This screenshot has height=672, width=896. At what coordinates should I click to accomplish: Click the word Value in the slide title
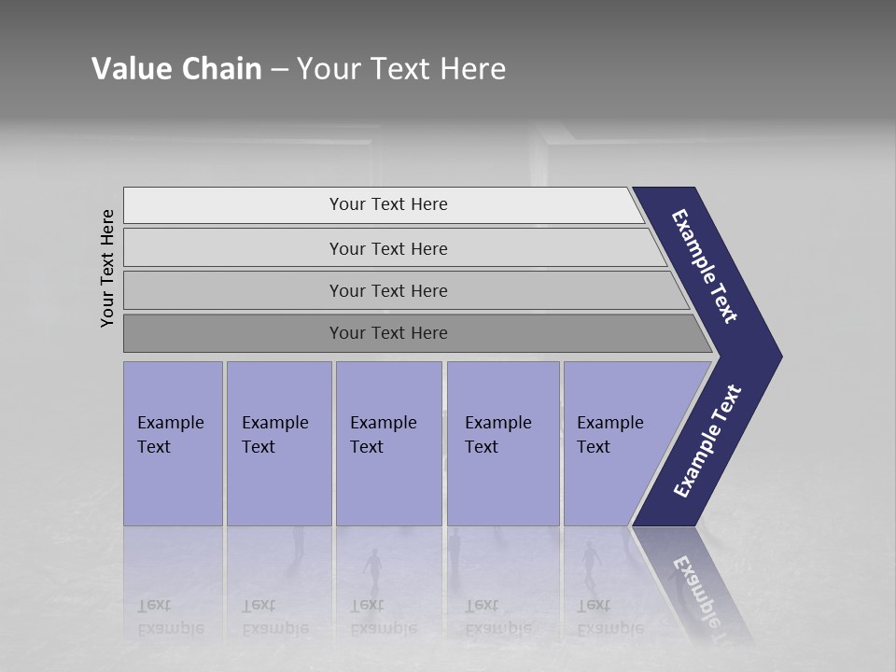click(x=130, y=69)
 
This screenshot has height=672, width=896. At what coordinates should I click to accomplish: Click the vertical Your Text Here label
click(x=107, y=268)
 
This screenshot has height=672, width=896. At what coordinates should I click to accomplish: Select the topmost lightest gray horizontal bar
click(x=387, y=204)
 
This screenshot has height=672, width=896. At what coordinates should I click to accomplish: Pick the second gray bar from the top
click(x=387, y=248)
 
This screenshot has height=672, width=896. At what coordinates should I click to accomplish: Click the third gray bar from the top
click(x=387, y=290)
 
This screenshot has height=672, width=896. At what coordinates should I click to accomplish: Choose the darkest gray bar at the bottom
click(x=387, y=333)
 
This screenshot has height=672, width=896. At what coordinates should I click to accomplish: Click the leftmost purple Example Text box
click(x=173, y=443)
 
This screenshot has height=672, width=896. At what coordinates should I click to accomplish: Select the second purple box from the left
click(x=279, y=443)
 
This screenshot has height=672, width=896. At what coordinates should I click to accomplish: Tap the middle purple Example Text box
click(x=388, y=443)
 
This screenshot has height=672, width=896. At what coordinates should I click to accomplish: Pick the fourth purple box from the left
click(x=503, y=443)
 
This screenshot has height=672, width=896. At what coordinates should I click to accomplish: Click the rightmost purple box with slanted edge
click(x=616, y=443)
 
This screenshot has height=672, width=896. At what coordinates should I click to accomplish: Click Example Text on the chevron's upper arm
click(x=705, y=266)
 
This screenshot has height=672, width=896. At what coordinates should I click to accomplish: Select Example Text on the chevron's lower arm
click(x=707, y=441)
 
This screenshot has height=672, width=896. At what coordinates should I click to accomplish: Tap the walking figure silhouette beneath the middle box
click(x=373, y=570)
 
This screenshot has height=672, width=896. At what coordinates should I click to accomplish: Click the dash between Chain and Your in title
click(x=279, y=70)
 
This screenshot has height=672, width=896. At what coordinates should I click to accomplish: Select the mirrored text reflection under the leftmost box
click(x=170, y=617)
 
